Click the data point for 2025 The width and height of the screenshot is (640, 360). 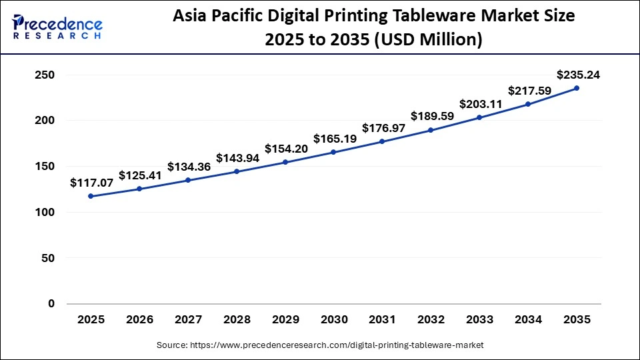[91, 196]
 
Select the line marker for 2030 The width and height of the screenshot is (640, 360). [333, 152]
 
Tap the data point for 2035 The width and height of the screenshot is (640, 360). [576, 88]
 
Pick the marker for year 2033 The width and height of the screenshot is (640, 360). [479, 117]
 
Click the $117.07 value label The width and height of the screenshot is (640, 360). [91, 182]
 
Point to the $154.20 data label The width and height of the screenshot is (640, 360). [286, 149]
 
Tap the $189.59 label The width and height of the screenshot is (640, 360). [432, 116]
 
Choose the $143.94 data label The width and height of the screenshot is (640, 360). [237, 158]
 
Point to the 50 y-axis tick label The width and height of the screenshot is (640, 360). [48, 258]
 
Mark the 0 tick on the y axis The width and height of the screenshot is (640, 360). [51, 304]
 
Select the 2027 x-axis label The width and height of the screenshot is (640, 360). [188, 320]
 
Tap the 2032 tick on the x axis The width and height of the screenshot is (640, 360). [431, 320]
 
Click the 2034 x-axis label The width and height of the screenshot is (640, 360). [528, 320]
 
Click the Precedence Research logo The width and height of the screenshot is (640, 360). [57, 27]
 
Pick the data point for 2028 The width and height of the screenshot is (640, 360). [237, 171]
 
